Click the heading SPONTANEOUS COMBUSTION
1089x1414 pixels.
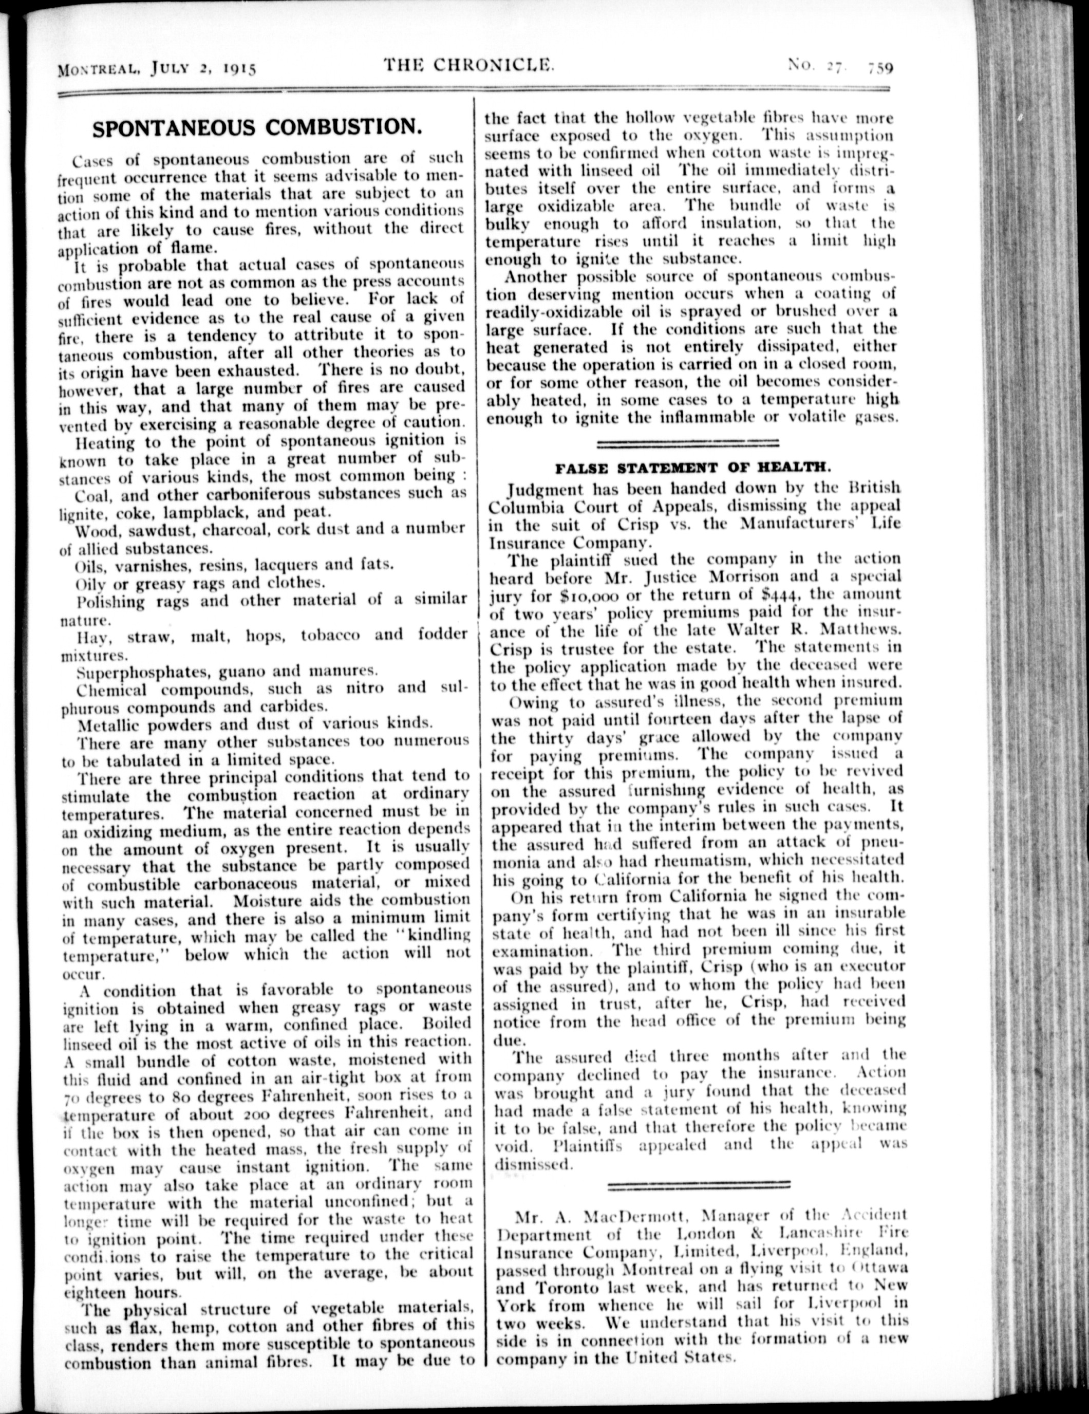point(257,127)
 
